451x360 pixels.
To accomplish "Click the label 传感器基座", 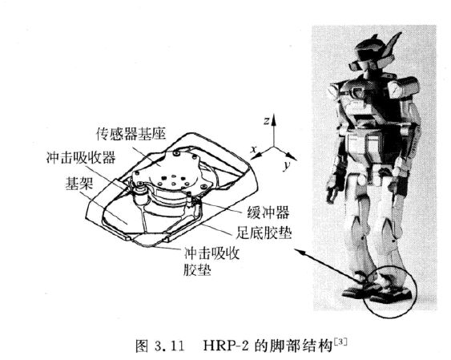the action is pos(131,134).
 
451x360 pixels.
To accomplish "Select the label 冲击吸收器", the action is pos(81,157).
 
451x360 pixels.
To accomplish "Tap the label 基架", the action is pos(79,183).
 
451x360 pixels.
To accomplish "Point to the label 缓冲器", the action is pos(268,213).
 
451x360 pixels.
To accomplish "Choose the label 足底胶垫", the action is pos(264,233).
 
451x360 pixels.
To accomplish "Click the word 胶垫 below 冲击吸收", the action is pos(197,269).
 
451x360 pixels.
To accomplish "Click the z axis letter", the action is pos(266,121).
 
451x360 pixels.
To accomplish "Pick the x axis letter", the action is pos(253,149).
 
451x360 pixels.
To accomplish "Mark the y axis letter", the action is pos(286,165).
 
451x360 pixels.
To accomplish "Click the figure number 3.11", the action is pos(169,346).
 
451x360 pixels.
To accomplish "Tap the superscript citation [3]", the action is pos(340,342).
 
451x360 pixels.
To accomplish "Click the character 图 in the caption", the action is pos(142,346).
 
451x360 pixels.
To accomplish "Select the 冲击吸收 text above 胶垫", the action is pos(211,253).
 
